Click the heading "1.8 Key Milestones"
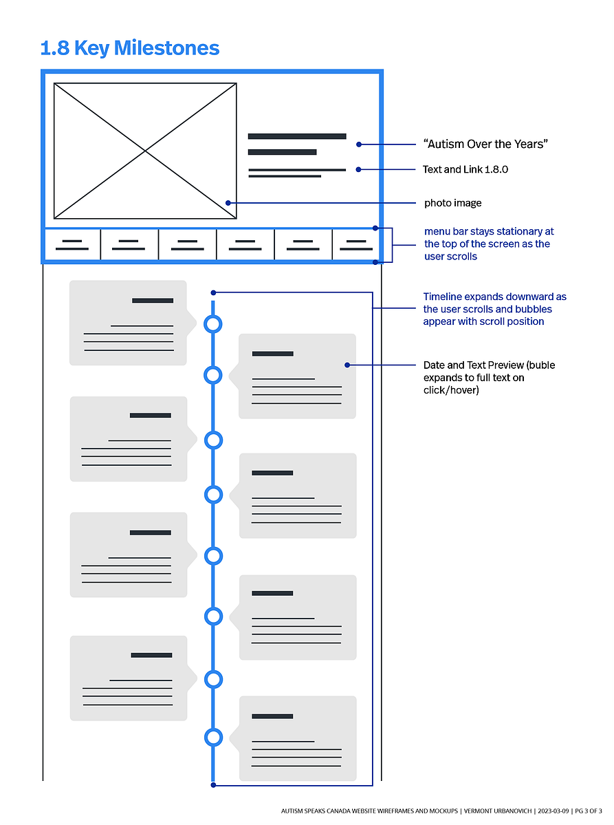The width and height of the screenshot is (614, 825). point(130,48)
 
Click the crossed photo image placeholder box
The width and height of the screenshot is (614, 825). point(145,151)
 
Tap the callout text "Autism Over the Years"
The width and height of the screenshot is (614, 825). point(485,144)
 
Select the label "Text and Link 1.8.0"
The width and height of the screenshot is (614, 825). point(465,169)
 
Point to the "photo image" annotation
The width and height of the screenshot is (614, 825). point(452,203)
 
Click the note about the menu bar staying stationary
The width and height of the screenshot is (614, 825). point(489,244)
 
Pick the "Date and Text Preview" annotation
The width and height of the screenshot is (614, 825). point(489,377)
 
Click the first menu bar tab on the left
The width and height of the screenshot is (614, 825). point(73,245)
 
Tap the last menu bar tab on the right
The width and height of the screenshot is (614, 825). point(356,245)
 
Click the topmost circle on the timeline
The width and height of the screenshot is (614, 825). point(213,323)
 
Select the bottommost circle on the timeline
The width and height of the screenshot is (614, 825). point(213,737)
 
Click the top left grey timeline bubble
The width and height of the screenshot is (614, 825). point(129,323)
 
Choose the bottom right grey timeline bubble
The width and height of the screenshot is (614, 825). point(298,738)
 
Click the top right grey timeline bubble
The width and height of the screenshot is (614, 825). point(297,376)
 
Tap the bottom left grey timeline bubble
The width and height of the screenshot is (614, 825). point(129,678)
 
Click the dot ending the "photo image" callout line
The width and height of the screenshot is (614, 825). point(228,202)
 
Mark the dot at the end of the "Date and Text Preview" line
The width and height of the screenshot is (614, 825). point(347,365)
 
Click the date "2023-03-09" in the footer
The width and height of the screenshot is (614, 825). point(553,811)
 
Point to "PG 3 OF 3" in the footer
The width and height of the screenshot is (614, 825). point(589,811)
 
